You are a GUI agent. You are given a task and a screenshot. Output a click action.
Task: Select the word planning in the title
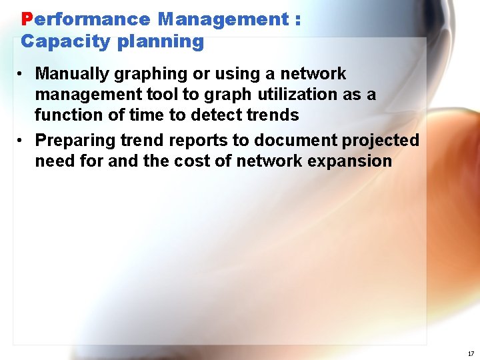click(160, 41)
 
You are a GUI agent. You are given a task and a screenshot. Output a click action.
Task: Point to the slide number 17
click(471, 353)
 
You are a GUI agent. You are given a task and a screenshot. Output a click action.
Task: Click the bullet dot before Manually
click(22, 73)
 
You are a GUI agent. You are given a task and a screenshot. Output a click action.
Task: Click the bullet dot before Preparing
click(22, 140)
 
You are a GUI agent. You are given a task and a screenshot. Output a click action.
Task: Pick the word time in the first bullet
click(145, 115)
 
